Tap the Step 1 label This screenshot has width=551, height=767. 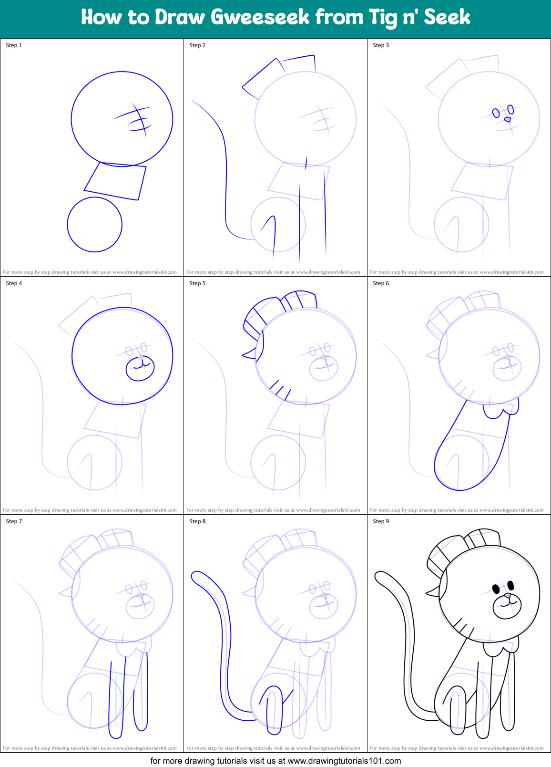[x=14, y=45]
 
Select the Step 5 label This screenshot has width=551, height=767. [x=197, y=283]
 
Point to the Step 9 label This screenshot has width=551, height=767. [x=381, y=521]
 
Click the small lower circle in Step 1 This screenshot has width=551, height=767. [x=94, y=224]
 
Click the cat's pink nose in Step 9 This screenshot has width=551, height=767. [x=508, y=596]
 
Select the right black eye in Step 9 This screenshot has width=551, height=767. [x=510, y=584]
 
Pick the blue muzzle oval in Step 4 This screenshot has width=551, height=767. [x=140, y=368]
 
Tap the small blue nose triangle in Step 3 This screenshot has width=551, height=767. [x=508, y=119]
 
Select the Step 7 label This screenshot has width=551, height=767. [x=14, y=521]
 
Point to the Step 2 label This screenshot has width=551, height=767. [x=197, y=45]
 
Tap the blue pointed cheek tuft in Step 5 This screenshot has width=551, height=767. [x=250, y=353]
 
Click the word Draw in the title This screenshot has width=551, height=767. [x=180, y=18]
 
